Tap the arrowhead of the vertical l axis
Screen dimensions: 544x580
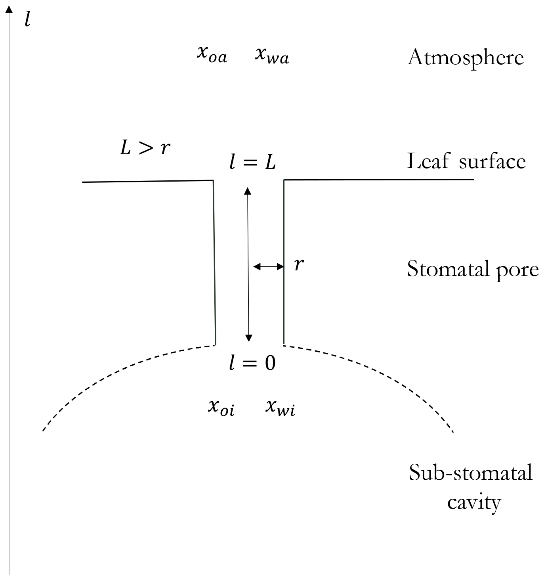pos(9,9)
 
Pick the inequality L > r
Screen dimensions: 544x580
pos(145,147)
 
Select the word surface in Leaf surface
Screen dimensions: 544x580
pos(492,161)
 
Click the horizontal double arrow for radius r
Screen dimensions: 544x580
pos(268,266)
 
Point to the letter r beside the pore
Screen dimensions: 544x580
pos(299,264)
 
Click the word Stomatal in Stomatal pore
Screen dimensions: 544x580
pos(448,269)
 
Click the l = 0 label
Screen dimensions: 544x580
pos(252,363)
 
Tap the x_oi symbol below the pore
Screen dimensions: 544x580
pos(221,407)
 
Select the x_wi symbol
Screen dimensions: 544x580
pos(280,407)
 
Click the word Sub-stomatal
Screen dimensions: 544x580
pos(470,473)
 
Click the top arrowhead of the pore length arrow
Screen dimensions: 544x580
pos(248,191)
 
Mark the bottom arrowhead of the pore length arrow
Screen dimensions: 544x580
pos(248,338)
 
